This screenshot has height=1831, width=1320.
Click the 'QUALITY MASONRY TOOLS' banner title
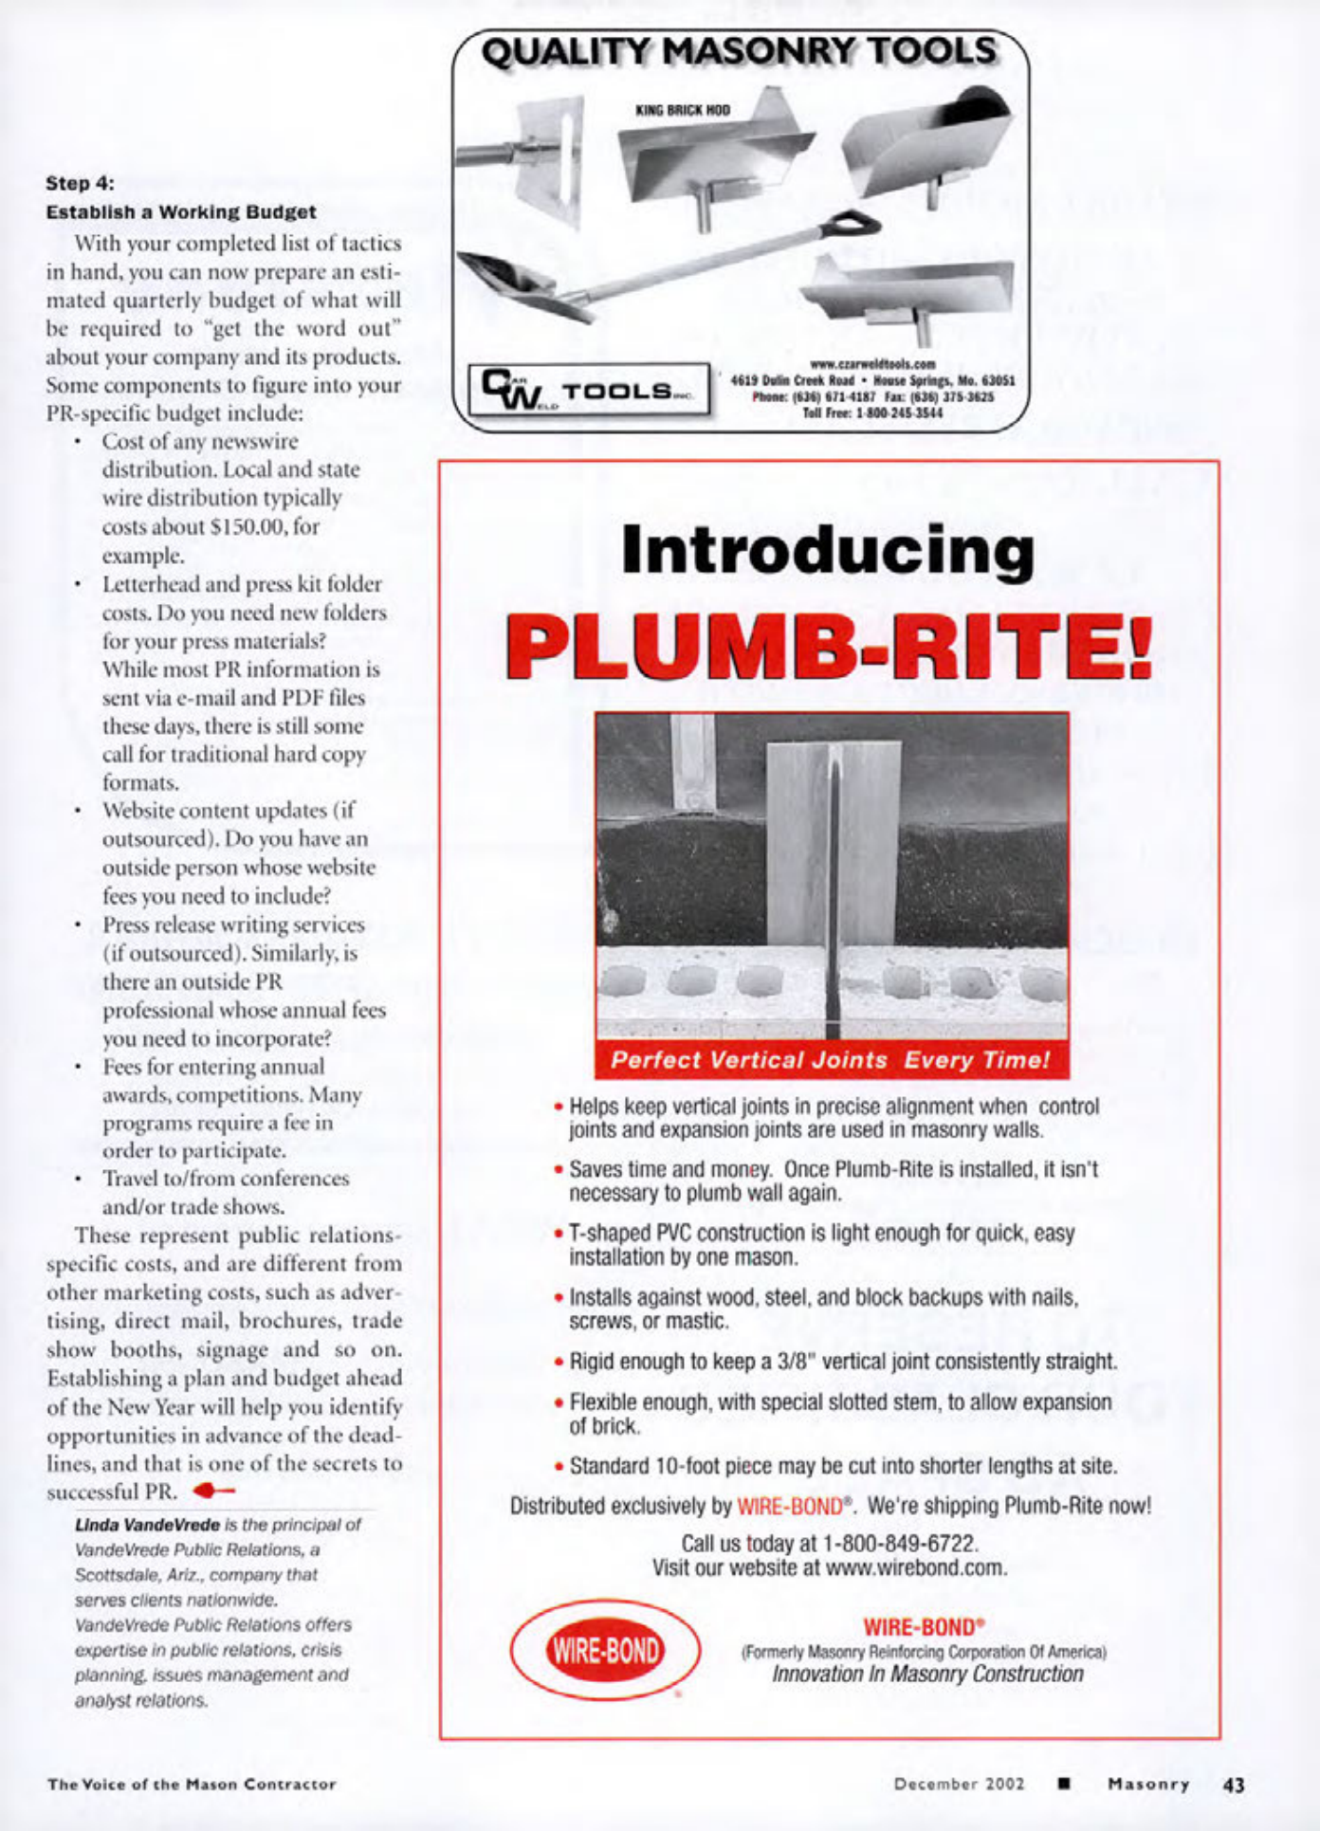(740, 51)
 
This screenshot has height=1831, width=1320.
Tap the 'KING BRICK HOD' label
(682, 111)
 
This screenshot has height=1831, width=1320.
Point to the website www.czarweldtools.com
(872, 364)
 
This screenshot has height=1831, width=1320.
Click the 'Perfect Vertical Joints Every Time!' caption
(831, 1060)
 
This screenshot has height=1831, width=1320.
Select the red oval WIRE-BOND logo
(605, 1651)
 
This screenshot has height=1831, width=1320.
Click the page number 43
(1234, 1785)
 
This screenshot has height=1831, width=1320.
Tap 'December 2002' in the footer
(959, 1784)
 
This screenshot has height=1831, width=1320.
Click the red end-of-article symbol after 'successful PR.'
(212, 1491)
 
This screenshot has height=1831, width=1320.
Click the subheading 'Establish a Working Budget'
(181, 211)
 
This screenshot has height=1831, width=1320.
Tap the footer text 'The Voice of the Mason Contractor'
(192, 1784)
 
